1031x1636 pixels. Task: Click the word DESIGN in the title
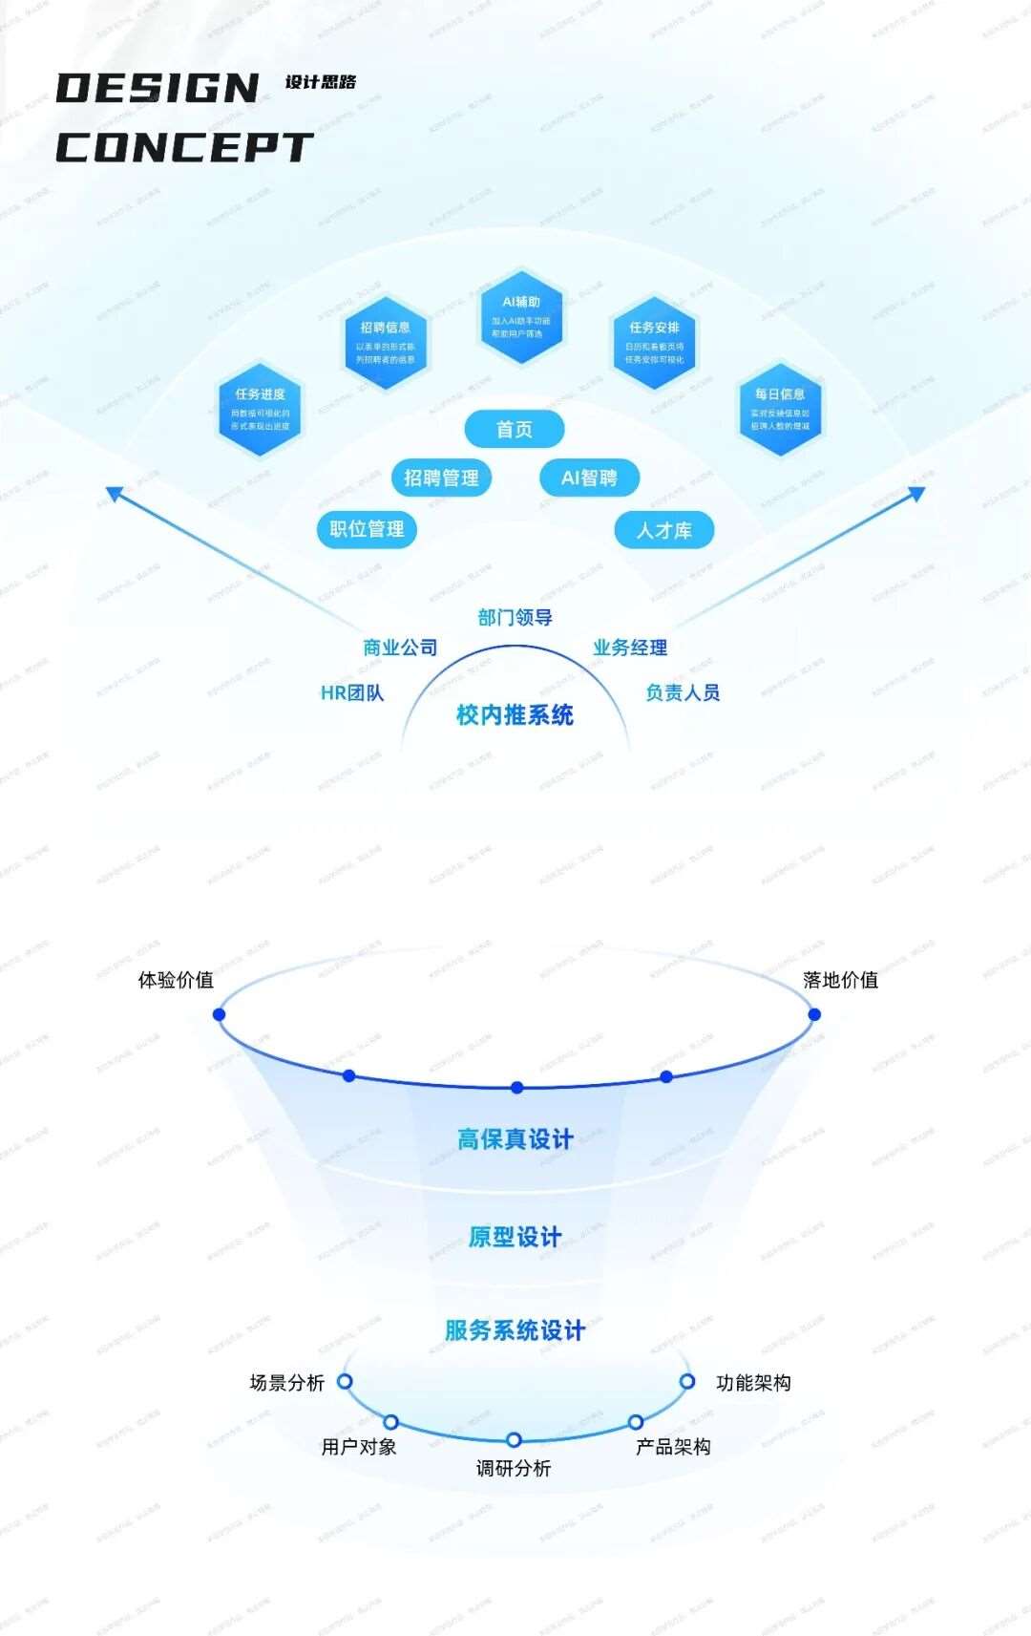(x=158, y=89)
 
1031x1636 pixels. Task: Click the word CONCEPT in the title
(x=183, y=147)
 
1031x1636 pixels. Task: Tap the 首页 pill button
(x=515, y=430)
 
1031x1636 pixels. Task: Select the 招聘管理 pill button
(x=441, y=478)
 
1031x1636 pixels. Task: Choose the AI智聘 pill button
(x=589, y=478)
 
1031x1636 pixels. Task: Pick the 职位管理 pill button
(x=367, y=528)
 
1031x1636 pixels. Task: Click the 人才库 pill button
(x=664, y=530)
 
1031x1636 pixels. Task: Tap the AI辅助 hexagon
(x=521, y=316)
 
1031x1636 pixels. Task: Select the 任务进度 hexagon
(x=261, y=409)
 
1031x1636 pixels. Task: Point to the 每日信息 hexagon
(x=780, y=409)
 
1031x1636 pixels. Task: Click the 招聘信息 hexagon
(x=386, y=342)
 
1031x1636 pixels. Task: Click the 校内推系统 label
(x=515, y=715)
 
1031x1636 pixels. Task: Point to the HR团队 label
(x=352, y=693)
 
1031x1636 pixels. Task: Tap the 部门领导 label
(x=515, y=618)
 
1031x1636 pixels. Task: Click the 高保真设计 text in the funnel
(x=515, y=1139)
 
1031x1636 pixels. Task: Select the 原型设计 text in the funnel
(x=515, y=1238)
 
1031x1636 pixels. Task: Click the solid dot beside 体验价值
(x=220, y=1014)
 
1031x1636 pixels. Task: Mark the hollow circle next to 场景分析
(x=346, y=1381)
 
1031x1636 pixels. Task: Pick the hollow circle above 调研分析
(x=514, y=1439)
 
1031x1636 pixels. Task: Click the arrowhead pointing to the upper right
(x=917, y=493)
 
